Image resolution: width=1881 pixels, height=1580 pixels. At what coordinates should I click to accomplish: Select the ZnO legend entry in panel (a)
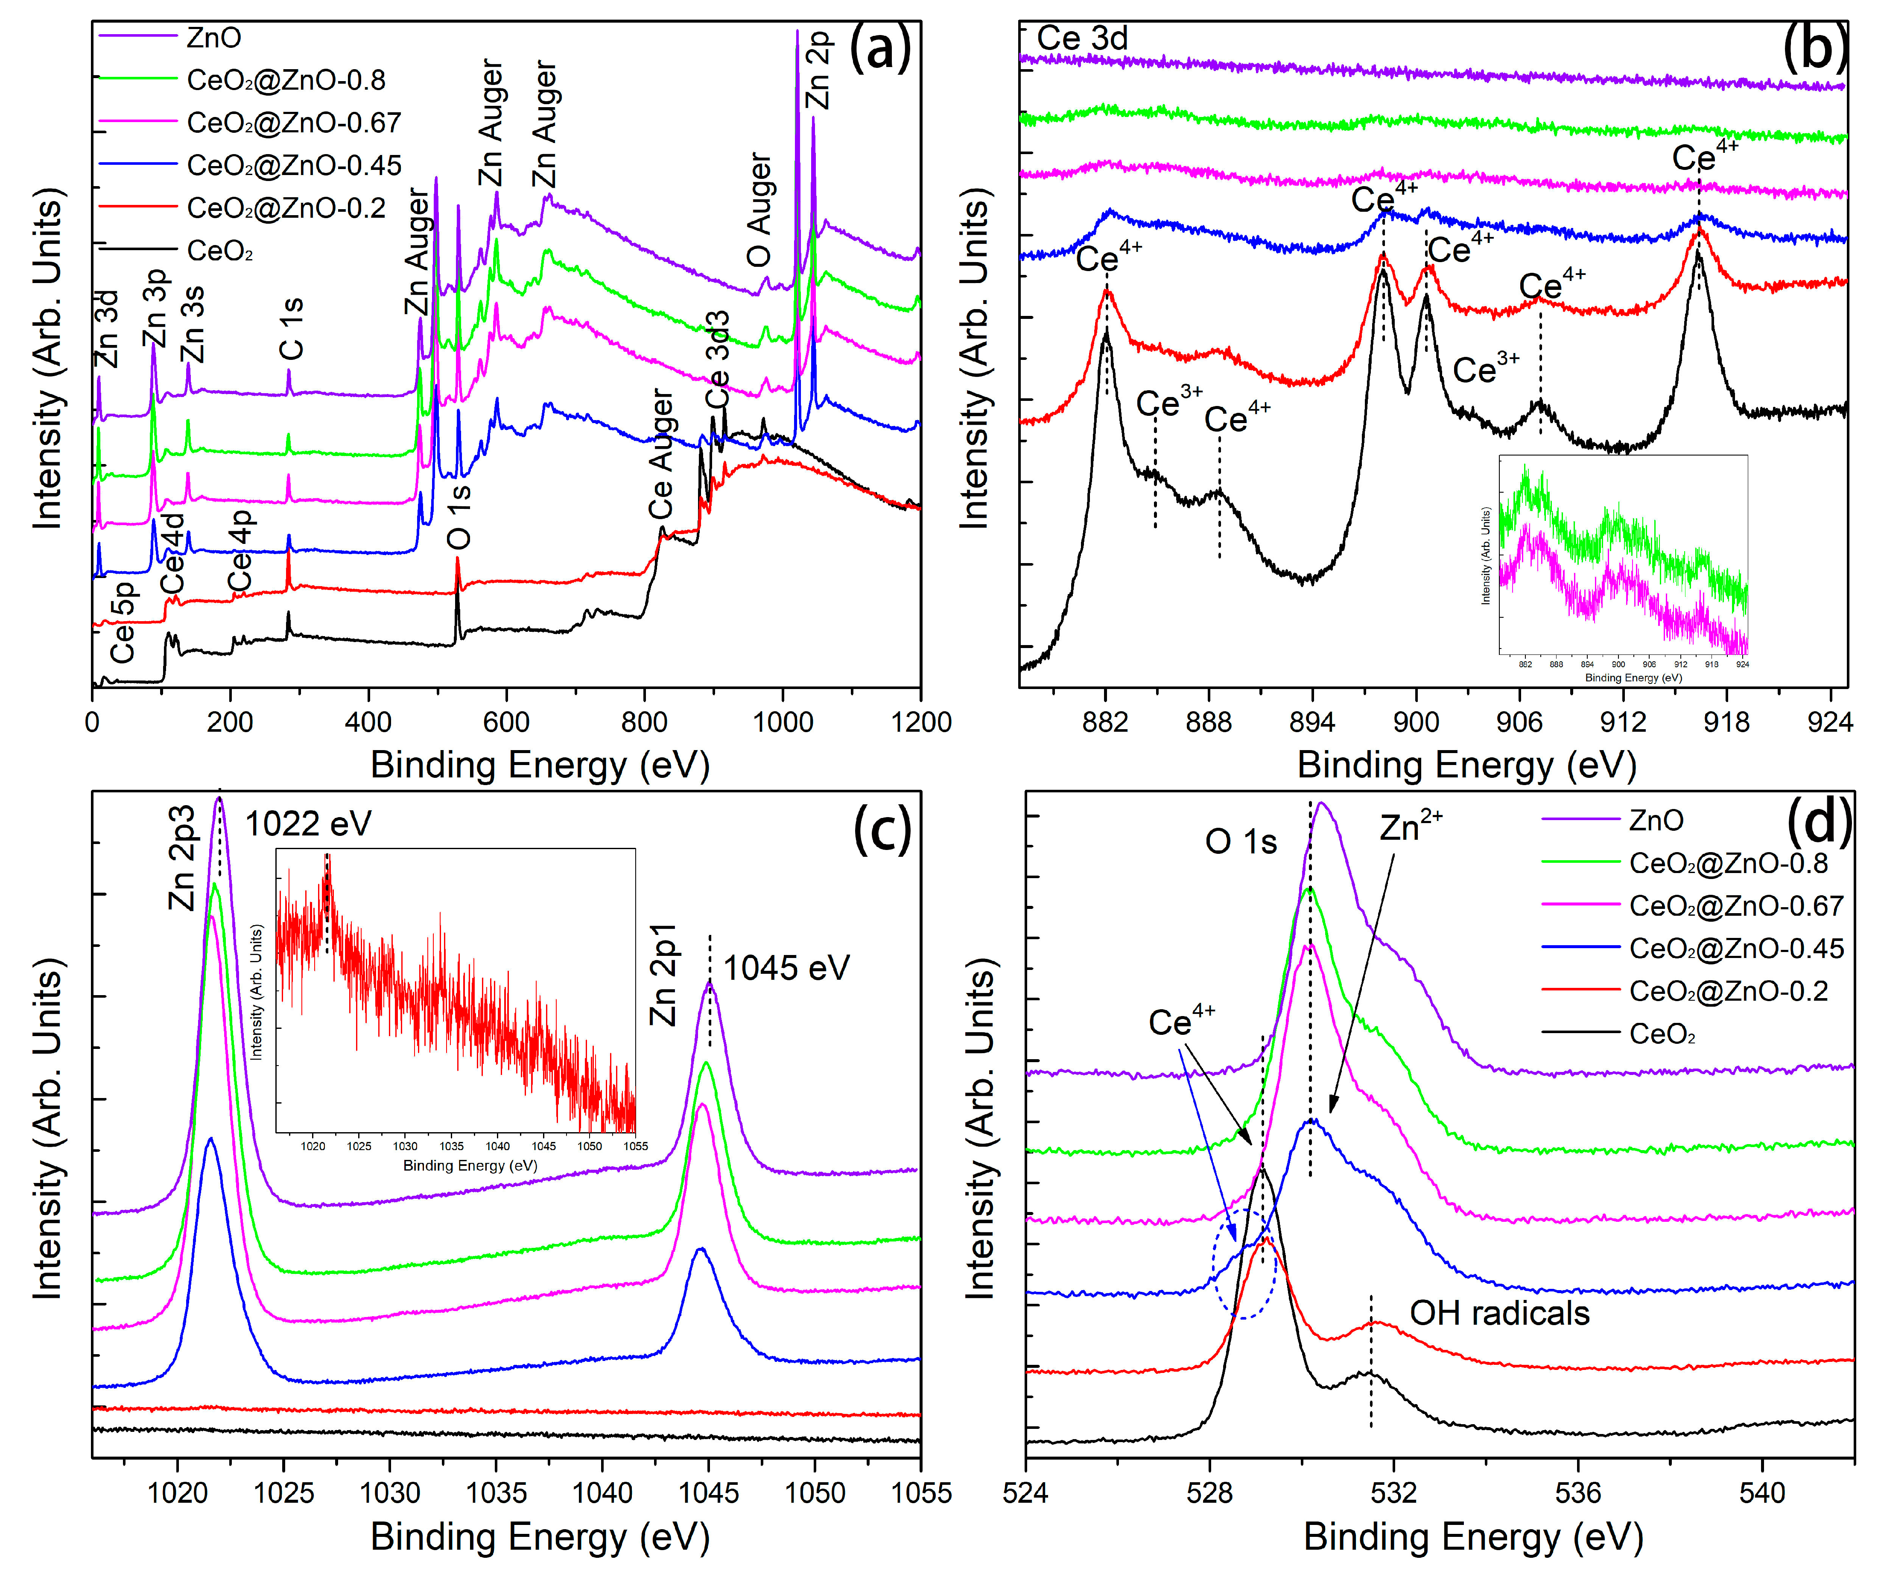pos(213,38)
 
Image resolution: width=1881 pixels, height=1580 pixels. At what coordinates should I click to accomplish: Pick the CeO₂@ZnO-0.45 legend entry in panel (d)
pos(1736,949)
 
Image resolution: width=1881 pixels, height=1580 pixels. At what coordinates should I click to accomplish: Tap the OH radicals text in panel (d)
pos(1499,1313)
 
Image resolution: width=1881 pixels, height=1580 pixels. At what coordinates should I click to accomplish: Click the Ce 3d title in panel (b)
pos(1082,38)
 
